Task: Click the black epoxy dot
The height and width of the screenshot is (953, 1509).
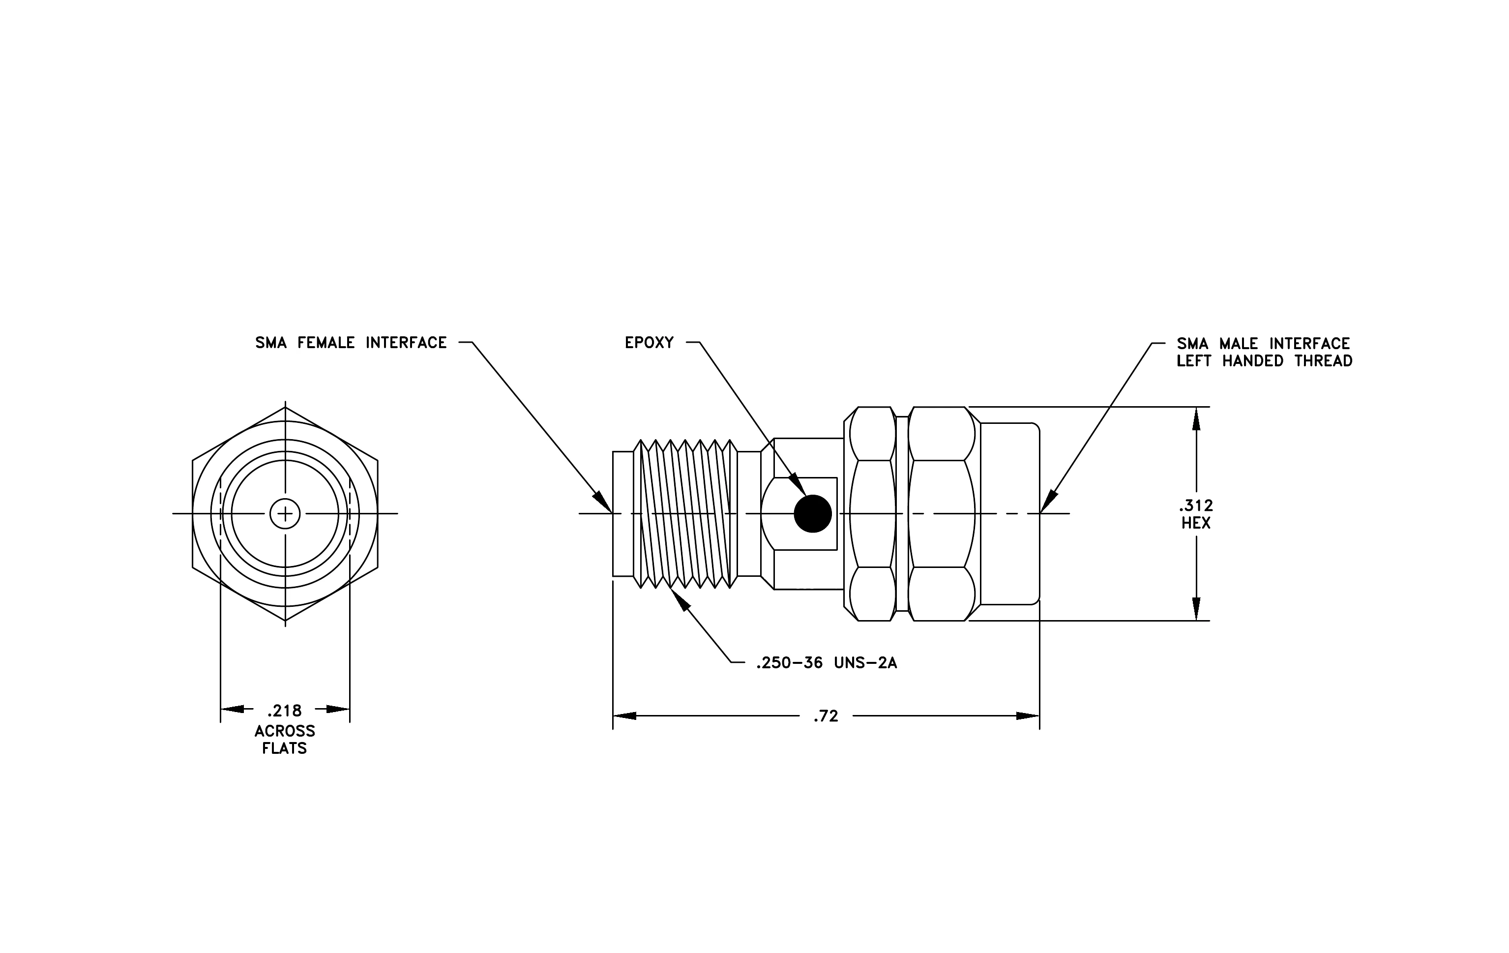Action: [x=813, y=514]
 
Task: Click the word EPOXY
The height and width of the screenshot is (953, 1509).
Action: [x=649, y=343]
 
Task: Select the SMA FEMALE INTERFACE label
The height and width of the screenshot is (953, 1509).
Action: [x=351, y=343]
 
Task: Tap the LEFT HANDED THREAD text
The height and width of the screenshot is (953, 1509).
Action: [x=1265, y=361]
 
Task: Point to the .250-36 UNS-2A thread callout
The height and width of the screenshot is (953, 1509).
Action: [x=827, y=663]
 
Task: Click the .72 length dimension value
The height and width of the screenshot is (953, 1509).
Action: [x=826, y=716]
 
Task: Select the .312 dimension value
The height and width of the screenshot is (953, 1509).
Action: [x=1196, y=505]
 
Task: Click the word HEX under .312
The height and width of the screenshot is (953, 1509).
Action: [x=1196, y=523]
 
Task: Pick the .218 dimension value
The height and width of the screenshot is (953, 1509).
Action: [x=285, y=711]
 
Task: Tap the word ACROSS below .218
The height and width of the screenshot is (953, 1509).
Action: [x=285, y=731]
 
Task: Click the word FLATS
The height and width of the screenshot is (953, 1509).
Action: [x=285, y=749]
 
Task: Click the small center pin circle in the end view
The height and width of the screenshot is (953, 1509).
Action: [x=285, y=514]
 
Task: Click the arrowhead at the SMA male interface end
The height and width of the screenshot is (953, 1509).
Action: [x=1048, y=503]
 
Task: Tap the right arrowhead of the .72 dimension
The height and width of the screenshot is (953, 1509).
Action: [x=1028, y=715]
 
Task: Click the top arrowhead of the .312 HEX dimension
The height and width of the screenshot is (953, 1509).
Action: [x=1196, y=418]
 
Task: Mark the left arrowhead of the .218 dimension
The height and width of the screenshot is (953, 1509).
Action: [x=233, y=709]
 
